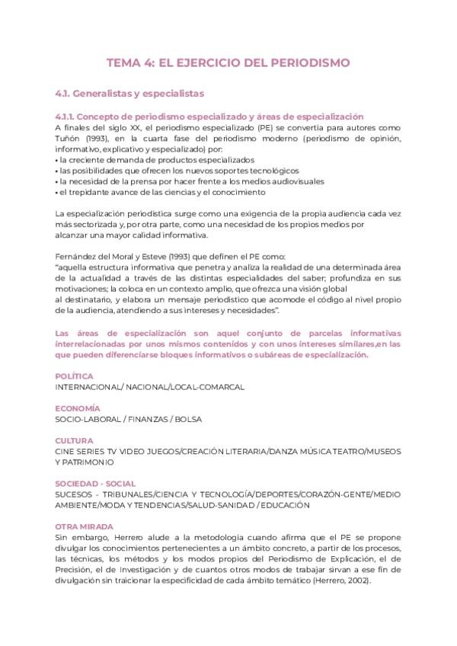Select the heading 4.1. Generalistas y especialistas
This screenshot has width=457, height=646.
coord(130,94)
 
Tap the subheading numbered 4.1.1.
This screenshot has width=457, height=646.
coord(209,117)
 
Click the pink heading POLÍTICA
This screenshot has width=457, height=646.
coord(75,376)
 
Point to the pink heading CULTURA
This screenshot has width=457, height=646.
coord(75,441)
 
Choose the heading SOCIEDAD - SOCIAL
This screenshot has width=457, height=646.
coord(95,484)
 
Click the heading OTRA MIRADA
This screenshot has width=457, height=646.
coord(85,526)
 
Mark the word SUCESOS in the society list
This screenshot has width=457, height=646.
coord(75,494)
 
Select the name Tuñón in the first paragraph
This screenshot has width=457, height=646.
coord(69,139)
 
